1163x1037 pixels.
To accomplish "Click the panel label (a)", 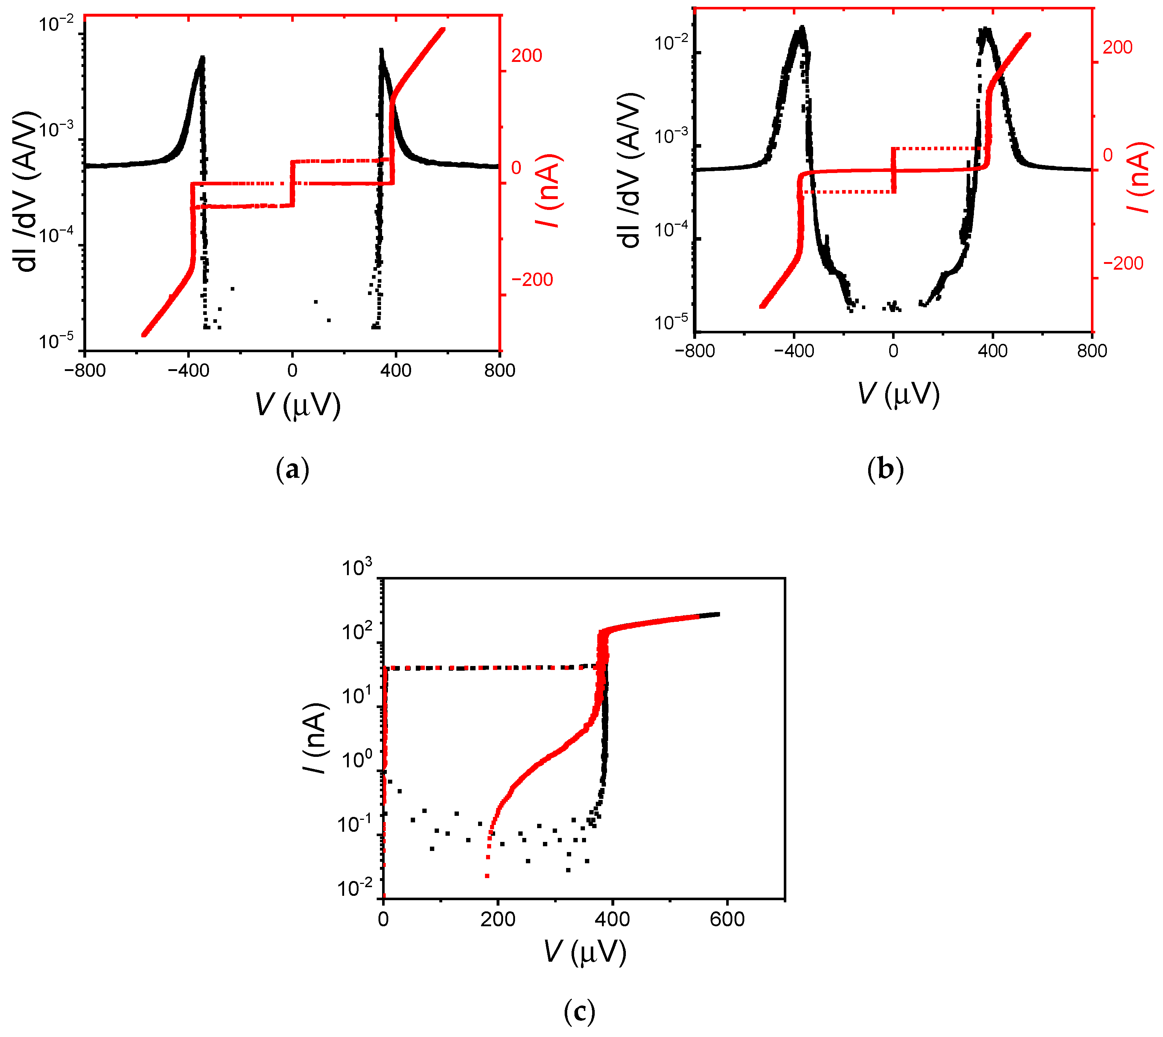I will click(x=292, y=470).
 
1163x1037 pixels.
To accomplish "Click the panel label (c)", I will click(x=579, y=1012).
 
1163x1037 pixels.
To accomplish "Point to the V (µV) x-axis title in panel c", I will click(x=584, y=952).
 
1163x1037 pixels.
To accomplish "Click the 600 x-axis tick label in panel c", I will click(x=727, y=919).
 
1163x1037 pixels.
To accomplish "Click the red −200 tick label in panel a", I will click(x=532, y=280).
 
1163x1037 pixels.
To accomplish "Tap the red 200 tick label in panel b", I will click(x=1117, y=48).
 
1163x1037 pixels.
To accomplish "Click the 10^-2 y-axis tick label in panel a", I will click(x=56, y=25).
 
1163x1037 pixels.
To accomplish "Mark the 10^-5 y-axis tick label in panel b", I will click(x=672, y=323).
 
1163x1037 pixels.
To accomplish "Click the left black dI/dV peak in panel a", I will click(x=201, y=59).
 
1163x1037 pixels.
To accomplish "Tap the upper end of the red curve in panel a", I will click(x=442, y=30).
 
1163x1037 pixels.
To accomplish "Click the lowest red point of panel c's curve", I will click(x=487, y=876).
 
